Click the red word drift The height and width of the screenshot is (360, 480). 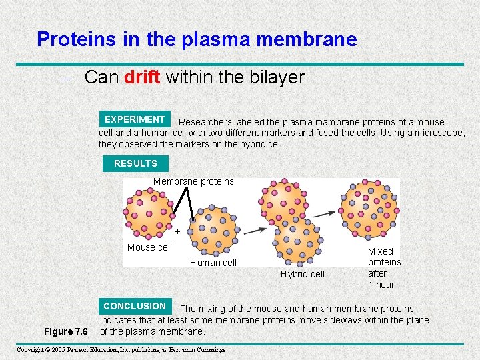[142, 77]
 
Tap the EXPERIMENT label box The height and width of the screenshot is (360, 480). [135, 119]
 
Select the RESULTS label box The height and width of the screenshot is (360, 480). [135, 163]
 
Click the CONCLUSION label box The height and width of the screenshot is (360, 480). [135, 306]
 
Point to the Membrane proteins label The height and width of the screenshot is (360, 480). [193, 181]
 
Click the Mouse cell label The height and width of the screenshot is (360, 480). [149, 247]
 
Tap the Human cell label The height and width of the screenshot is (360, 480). [213, 263]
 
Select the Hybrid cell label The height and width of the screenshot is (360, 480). [303, 274]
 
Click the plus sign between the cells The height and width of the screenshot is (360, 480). [177, 231]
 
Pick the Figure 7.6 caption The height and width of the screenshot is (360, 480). [66, 331]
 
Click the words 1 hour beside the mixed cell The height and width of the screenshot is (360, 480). [381, 285]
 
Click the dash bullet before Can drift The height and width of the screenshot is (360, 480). [67, 78]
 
